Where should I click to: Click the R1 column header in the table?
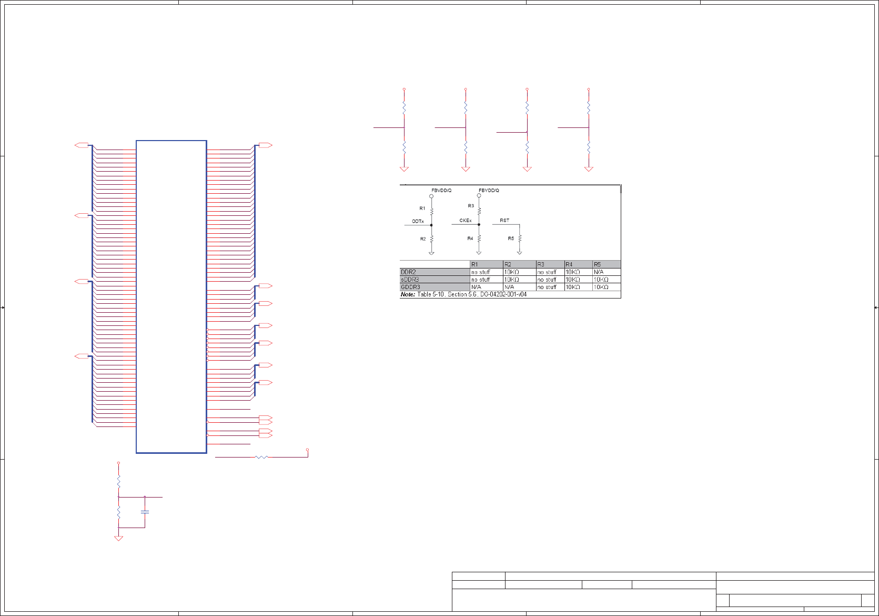(x=474, y=264)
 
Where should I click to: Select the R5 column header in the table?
(x=597, y=264)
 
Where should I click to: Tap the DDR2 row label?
(x=409, y=272)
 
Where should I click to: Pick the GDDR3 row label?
(x=410, y=287)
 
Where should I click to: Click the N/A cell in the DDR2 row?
(x=599, y=272)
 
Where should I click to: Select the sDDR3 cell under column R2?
(x=511, y=280)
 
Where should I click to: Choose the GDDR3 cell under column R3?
(x=547, y=287)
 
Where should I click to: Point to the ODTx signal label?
(x=418, y=222)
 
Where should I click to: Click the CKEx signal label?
(x=466, y=221)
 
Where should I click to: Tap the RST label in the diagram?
(x=504, y=221)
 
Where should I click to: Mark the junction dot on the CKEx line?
(x=479, y=225)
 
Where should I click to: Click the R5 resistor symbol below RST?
(x=520, y=239)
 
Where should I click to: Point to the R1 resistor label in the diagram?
(x=422, y=208)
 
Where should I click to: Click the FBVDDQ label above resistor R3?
(x=489, y=191)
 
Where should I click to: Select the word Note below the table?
(x=408, y=294)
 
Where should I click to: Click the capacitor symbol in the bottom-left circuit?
(x=145, y=512)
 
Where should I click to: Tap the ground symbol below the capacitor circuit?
(x=118, y=538)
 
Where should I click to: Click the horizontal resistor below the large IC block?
(x=261, y=457)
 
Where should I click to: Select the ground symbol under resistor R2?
(x=431, y=253)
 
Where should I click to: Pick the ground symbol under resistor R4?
(x=479, y=253)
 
